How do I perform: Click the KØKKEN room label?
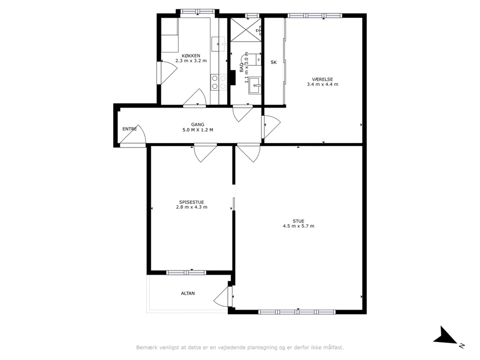191,56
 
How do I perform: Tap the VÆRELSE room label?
323,79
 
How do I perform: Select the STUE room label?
298,221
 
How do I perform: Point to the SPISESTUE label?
191,202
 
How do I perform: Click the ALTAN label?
188,293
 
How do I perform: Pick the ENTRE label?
130,129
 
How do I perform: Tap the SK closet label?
274,62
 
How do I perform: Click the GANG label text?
198,124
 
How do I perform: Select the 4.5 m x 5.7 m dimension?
298,226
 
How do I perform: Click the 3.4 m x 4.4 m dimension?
323,84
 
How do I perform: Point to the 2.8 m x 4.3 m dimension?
191,207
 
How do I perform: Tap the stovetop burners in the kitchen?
219,82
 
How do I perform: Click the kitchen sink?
218,44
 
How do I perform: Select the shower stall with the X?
245,30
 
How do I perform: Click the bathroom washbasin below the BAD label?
255,85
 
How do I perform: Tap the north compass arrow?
447,337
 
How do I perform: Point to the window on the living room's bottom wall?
297,312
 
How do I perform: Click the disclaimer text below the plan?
240,348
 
